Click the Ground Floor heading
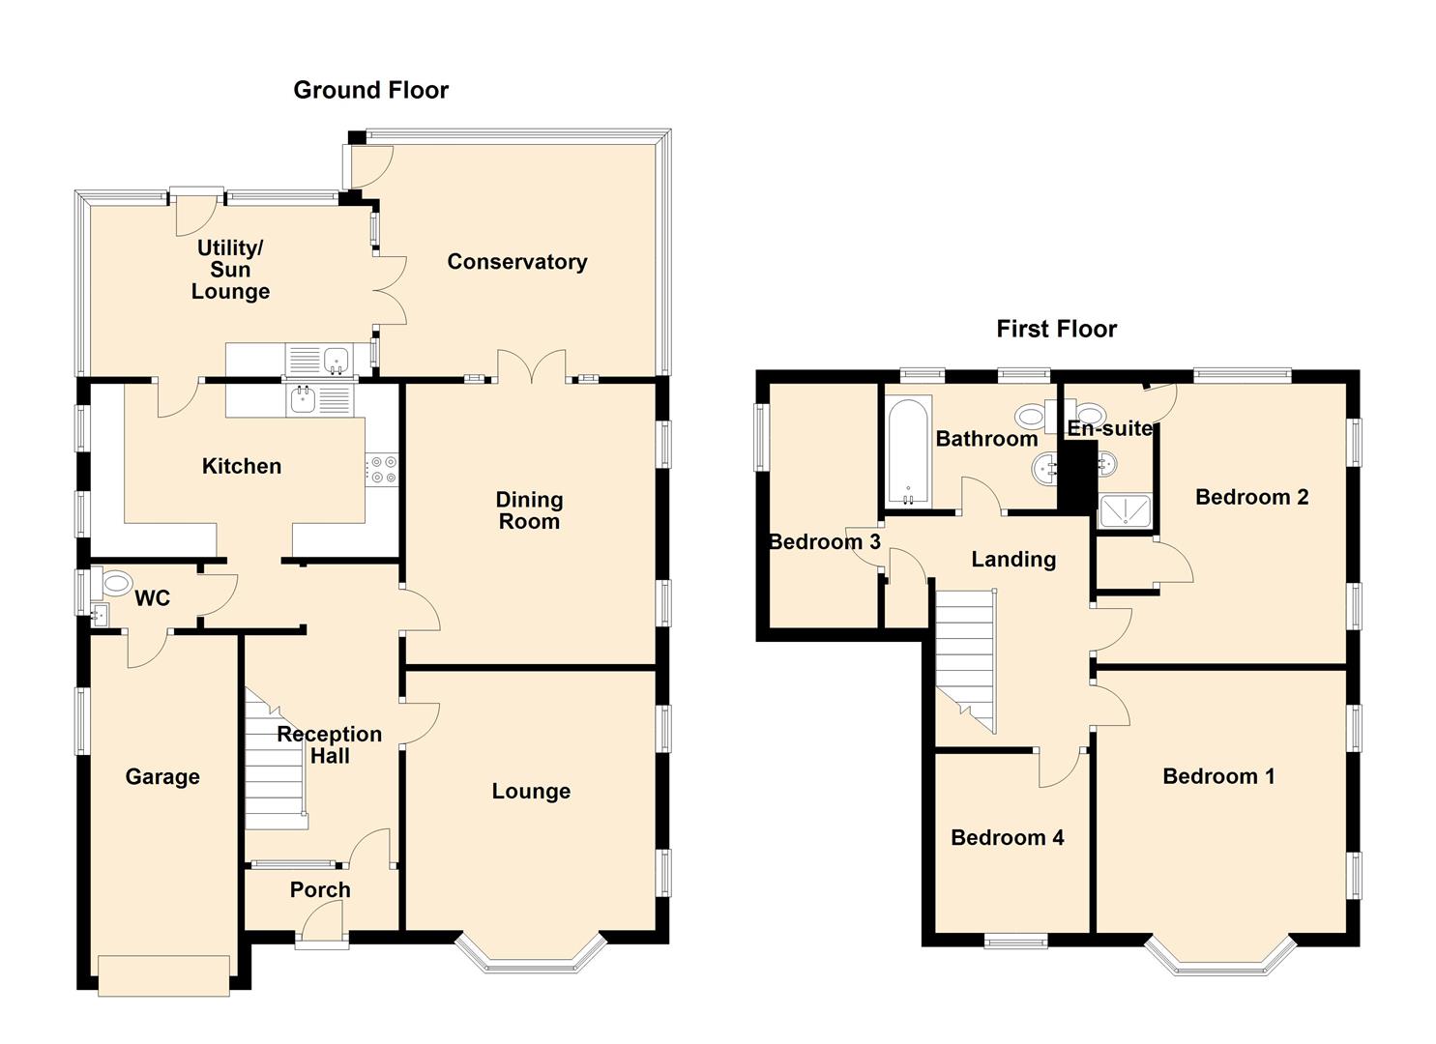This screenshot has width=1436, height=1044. point(370,90)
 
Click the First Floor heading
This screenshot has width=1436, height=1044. point(1056,329)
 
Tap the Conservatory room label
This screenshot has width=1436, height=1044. point(516,262)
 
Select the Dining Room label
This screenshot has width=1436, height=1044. point(528,510)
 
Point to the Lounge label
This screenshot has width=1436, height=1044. point(531,791)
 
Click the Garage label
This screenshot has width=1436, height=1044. point(162,776)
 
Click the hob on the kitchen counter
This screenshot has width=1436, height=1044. point(382,470)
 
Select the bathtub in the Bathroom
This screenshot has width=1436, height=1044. point(907,451)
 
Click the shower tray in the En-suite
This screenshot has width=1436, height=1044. point(1126,511)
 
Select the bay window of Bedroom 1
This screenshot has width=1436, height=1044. point(1220,960)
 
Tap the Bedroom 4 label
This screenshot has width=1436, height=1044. point(1007,837)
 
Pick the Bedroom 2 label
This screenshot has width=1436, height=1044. point(1251,497)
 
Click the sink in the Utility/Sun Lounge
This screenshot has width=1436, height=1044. point(336,359)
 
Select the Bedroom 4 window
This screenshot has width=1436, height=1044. point(1015,940)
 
